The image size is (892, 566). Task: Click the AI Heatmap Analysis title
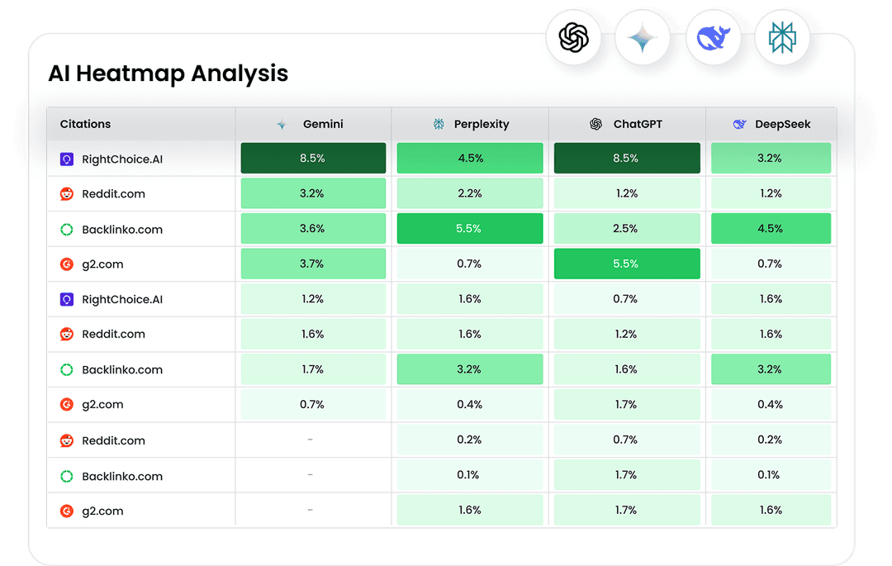point(168,73)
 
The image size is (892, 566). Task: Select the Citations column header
point(85,124)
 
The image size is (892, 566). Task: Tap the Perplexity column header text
point(481,124)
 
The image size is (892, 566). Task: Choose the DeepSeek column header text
point(782,124)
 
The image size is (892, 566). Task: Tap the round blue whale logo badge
point(713,38)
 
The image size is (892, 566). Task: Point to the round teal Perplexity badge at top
point(782,38)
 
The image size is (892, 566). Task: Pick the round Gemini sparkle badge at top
point(643,38)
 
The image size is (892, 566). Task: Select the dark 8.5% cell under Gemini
point(313,158)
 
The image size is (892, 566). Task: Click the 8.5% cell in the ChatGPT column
point(626,158)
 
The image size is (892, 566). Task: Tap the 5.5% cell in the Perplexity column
point(469,229)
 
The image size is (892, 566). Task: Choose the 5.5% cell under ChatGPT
point(626,264)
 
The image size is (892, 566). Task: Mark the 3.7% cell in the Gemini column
point(313,264)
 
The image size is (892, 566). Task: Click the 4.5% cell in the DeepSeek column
point(770,229)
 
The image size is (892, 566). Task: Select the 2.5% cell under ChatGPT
point(626,229)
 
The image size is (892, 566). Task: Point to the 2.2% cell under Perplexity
point(469,193)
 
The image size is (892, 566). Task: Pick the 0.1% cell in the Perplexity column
point(469,475)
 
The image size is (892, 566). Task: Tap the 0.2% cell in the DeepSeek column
point(770,440)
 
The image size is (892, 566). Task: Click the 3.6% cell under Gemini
point(313,229)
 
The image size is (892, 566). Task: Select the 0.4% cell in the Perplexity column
point(469,404)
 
